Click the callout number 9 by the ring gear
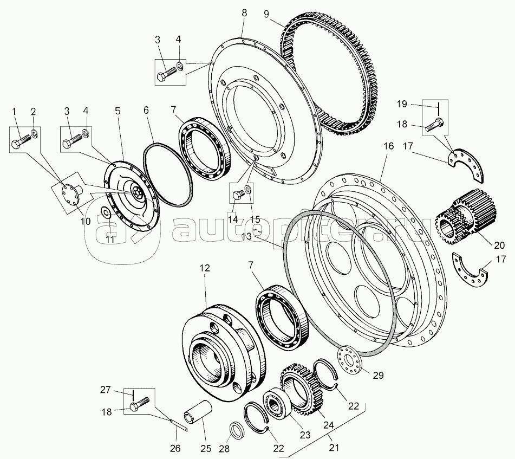(x=266, y=14)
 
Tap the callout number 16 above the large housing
(x=388, y=146)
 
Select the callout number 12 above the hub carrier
(x=204, y=268)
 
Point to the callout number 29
(x=379, y=375)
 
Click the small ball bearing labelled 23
(x=275, y=405)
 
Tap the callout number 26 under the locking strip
(x=175, y=448)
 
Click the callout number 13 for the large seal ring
(x=246, y=236)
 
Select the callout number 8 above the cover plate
(x=244, y=13)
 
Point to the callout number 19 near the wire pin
(x=402, y=104)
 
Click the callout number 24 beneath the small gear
(x=329, y=425)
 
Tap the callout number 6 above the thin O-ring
(x=146, y=110)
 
